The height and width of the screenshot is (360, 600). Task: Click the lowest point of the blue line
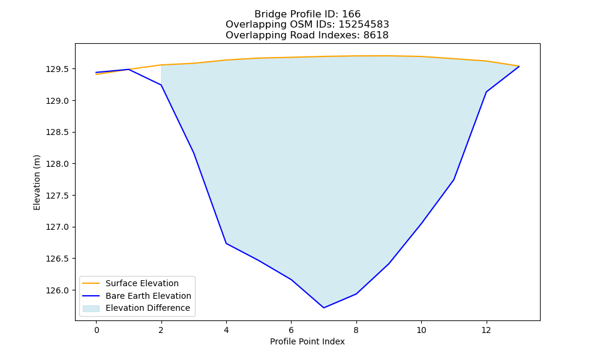click(x=324, y=308)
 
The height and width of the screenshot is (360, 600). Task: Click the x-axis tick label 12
click(x=486, y=330)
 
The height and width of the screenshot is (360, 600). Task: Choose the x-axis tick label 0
click(x=97, y=330)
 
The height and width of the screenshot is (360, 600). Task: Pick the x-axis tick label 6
click(x=291, y=330)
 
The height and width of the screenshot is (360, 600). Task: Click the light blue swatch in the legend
click(x=91, y=308)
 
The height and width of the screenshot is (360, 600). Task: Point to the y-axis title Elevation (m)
click(x=37, y=182)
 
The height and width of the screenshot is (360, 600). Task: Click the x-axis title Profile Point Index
click(x=307, y=341)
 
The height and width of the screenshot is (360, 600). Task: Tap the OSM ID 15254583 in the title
click(x=364, y=25)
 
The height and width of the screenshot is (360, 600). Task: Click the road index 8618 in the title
click(x=376, y=35)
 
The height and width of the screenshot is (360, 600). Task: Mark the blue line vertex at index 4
click(x=226, y=244)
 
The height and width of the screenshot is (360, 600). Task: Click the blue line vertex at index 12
click(x=486, y=92)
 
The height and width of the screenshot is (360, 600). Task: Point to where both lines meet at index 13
click(x=519, y=66)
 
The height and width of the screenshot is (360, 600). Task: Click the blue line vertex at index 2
click(x=161, y=85)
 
